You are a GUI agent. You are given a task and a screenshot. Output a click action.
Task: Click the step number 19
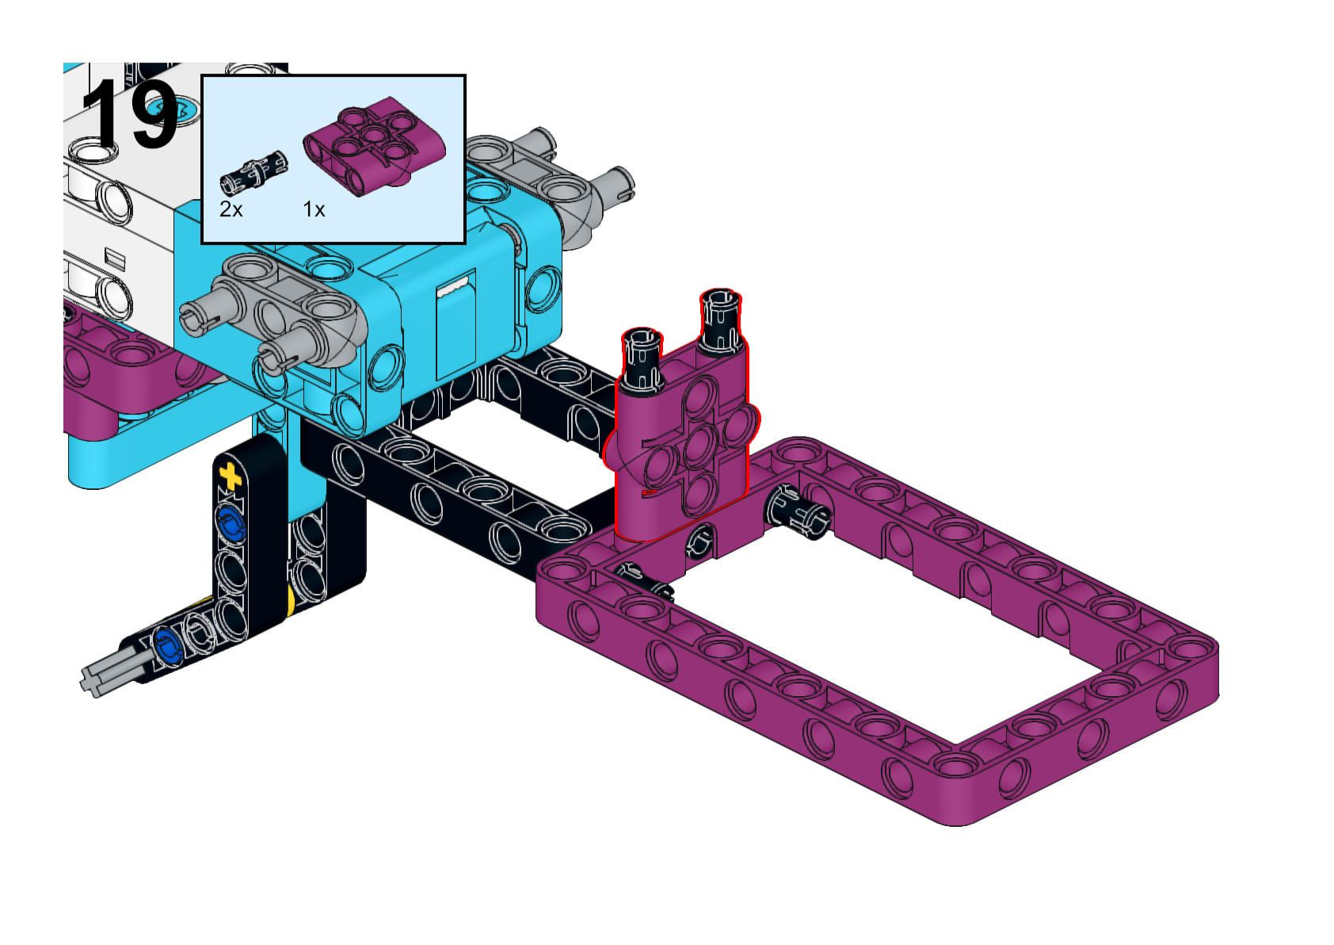[130, 114]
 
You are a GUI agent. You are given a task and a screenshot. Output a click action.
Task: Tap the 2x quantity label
[231, 210]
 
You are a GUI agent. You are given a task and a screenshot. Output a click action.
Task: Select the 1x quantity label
[314, 210]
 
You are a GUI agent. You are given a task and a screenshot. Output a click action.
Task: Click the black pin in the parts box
[254, 172]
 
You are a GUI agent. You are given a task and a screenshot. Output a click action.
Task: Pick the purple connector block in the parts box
[375, 145]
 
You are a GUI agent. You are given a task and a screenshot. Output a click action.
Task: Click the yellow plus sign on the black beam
[231, 476]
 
